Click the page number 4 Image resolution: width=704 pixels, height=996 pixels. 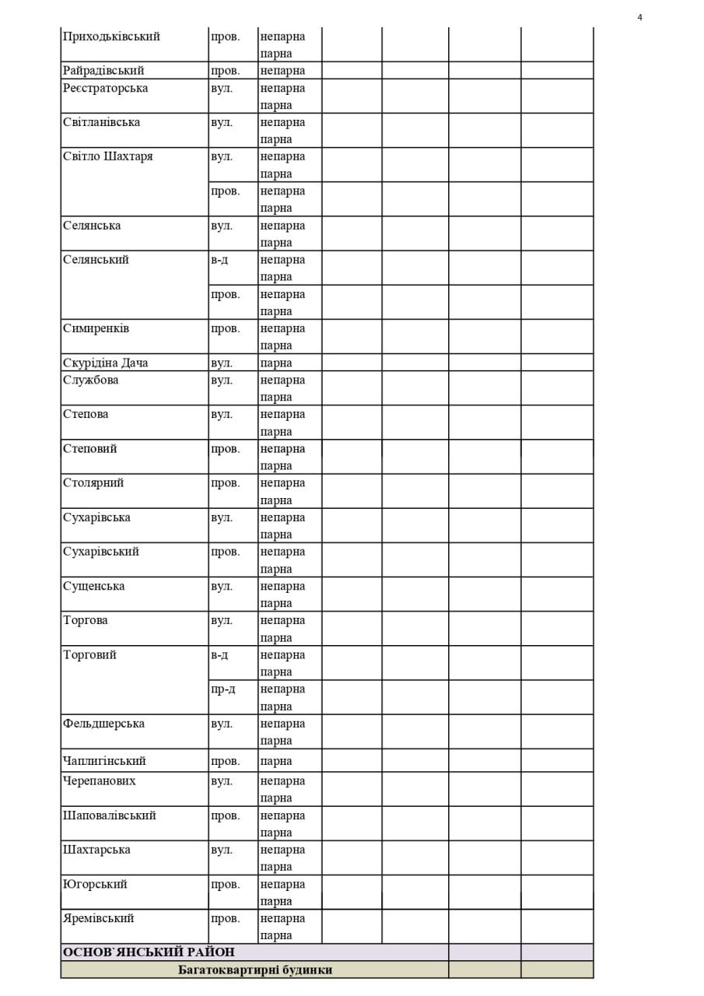pyautogui.click(x=639, y=18)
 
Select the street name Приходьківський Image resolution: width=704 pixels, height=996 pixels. pyautogui.click(x=111, y=37)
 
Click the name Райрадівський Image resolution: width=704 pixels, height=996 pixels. pyautogui.click(x=103, y=71)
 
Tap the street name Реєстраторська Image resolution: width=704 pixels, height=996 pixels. pyautogui.click(x=105, y=88)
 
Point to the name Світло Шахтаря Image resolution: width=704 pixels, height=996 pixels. pyautogui.click(x=107, y=156)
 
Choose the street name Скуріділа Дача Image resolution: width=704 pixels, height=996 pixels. pyautogui.click(x=105, y=363)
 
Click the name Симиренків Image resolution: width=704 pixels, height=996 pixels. pyautogui.click(x=96, y=328)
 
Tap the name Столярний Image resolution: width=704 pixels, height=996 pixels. pyautogui.click(x=93, y=483)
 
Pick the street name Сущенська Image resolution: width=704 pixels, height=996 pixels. pyautogui.click(x=93, y=587)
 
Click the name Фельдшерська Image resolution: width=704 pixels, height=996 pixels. pyautogui.click(x=103, y=724)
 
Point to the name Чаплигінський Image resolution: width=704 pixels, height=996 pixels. pyautogui.click(x=104, y=761)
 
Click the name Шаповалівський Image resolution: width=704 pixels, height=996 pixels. pyautogui.click(x=109, y=815)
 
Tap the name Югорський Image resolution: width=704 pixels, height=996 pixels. pyautogui.click(x=95, y=885)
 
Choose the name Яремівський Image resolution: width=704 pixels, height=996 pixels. pyautogui.click(x=98, y=918)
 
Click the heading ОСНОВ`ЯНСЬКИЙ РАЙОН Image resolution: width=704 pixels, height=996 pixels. pyautogui.click(x=149, y=952)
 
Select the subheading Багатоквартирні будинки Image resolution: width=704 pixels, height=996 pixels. pyautogui.click(x=255, y=970)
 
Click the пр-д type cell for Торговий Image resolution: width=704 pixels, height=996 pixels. pyautogui.click(x=222, y=689)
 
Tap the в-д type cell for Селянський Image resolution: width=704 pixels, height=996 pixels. pyautogui.click(x=219, y=260)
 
